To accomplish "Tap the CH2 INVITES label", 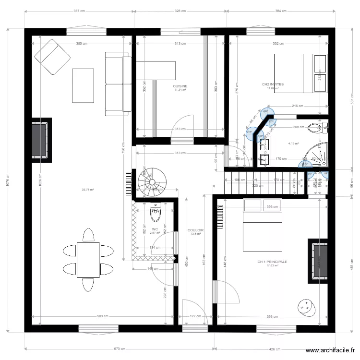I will tap(273, 84).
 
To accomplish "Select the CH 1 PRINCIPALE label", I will tap(272, 262).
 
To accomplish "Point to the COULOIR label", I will tap(195, 230).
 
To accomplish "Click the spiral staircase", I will tap(149, 182).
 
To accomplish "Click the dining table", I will tap(88, 260).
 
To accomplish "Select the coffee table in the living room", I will tap(83, 85).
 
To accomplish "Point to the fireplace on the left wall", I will tap(40, 140).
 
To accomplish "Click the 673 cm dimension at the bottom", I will tap(120, 349).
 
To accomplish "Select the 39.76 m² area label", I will tap(87, 190).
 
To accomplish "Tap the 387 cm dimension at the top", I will tap(80, 11).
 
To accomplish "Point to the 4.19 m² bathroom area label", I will tap(293, 144).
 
